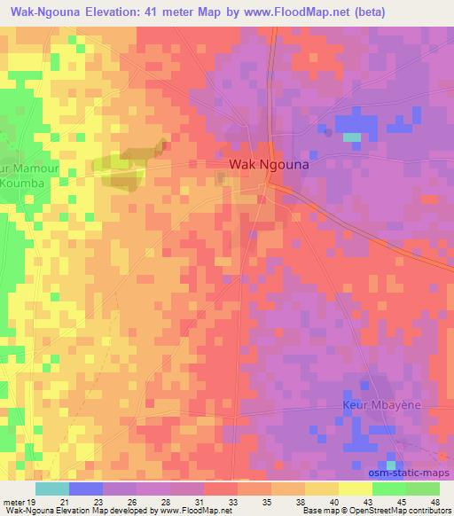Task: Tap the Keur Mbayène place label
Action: (378, 405)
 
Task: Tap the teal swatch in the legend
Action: (52, 489)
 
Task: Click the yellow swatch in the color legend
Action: (356, 489)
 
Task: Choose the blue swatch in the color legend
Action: (86, 489)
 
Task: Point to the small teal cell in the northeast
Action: (352, 137)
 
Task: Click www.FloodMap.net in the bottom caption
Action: (189, 512)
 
